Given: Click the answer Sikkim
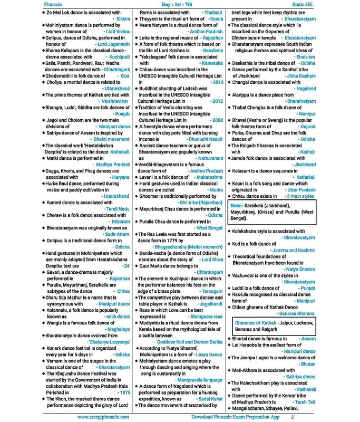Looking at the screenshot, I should (122, 17).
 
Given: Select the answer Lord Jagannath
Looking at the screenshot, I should (113, 45).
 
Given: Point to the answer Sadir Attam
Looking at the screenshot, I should (116, 233).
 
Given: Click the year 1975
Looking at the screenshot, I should (124, 392).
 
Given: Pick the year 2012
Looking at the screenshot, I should (217, 100).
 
